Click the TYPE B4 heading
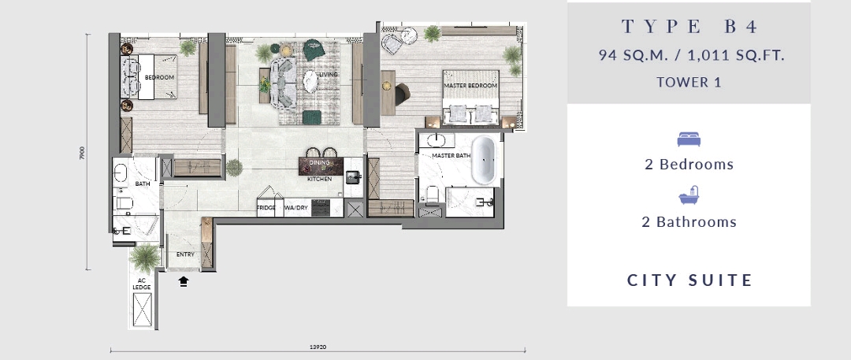pyautogui.click(x=689, y=28)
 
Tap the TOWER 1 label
pyautogui.click(x=689, y=82)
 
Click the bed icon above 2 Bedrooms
pyautogui.click(x=689, y=140)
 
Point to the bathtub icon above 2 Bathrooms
pyautogui.click(x=689, y=197)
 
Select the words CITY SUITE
pyautogui.click(x=690, y=280)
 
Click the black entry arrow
pyautogui.click(x=184, y=280)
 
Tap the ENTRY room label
pyautogui.click(x=185, y=254)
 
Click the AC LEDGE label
pyautogui.click(x=142, y=284)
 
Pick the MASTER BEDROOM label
pyautogui.click(x=471, y=85)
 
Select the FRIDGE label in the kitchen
pyautogui.click(x=266, y=208)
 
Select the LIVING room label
pyautogui.click(x=328, y=75)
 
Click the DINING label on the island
pyautogui.click(x=319, y=163)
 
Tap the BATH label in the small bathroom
pyautogui.click(x=142, y=184)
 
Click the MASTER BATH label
pyautogui.click(x=452, y=156)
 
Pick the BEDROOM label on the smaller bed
pyautogui.click(x=159, y=77)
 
